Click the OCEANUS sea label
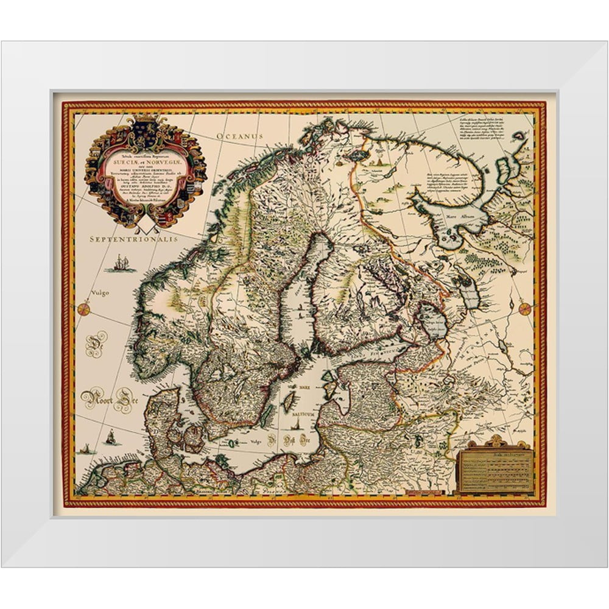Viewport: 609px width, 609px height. tap(242, 136)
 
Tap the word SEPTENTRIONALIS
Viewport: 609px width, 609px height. tap(133, 240)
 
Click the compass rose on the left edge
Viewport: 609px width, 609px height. tap(83, 309)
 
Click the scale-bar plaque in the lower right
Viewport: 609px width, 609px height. tap(494, 470)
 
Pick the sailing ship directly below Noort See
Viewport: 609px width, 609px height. tap(110, 437)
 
